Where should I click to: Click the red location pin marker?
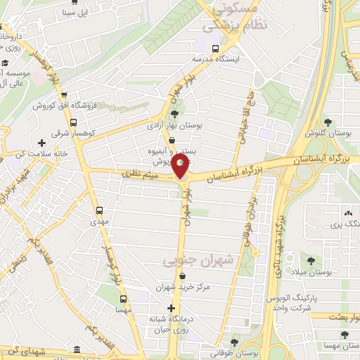(x=181, y=166)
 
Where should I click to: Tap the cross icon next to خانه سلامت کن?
(x=42, y=143)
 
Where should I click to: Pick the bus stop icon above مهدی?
(x=98, y=210)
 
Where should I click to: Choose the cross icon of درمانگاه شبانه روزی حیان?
(x=172, y=308)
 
